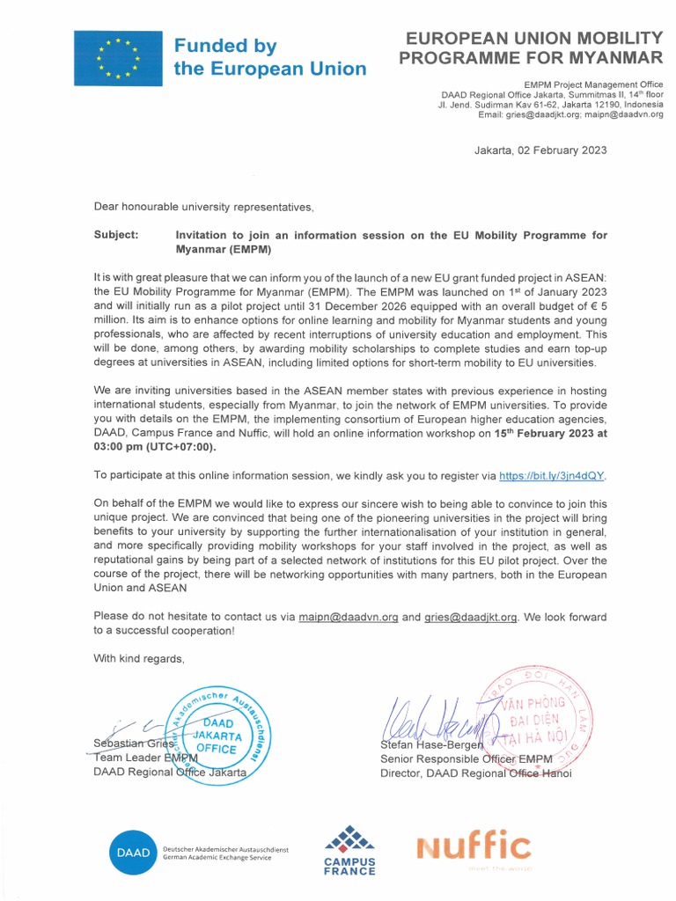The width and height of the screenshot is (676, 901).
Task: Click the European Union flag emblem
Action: pos(118,58)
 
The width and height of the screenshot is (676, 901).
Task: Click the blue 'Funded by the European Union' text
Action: pos(269,57)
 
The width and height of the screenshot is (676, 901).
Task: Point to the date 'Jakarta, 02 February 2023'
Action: pos(540,150)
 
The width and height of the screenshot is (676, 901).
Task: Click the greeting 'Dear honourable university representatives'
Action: pos(203,207)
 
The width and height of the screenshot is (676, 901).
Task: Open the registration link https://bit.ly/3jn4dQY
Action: pos(552,476)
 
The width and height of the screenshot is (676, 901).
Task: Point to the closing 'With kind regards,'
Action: pos(139,659)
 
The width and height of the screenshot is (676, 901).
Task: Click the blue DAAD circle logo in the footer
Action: pos(132,852)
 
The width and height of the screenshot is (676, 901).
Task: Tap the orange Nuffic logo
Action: pos(474,846)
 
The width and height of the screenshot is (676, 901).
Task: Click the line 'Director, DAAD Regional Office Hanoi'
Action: pos(475,773)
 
